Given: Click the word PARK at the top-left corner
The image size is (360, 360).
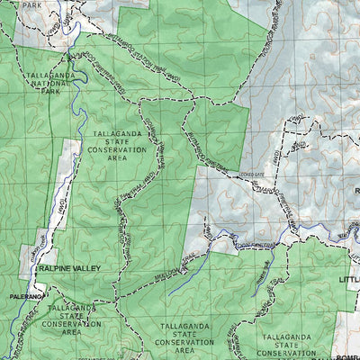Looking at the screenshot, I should (32, 4).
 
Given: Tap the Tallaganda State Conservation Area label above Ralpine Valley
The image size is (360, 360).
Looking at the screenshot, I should (121, 144).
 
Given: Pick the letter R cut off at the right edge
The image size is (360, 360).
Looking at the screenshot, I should (356, 191).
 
